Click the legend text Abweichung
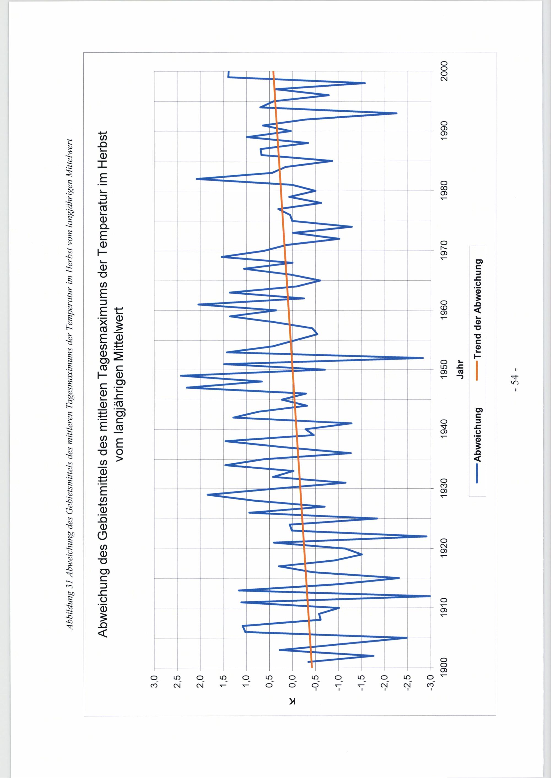[x=478, y=434]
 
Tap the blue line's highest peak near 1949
[x=181, y=376]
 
